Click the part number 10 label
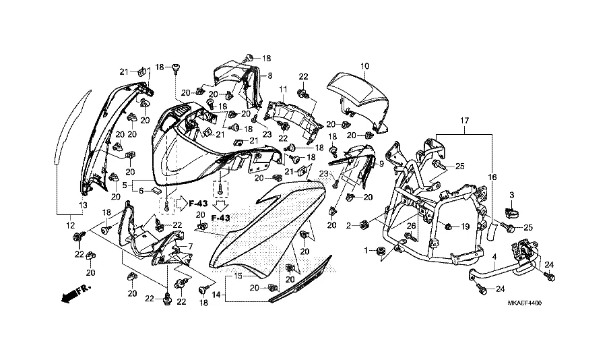(x=364, y=67)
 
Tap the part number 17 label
(x=465, y=121)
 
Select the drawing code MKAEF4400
(x=525, y=303)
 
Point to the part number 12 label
(x=70, y=225)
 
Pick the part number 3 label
(x=512, y=195)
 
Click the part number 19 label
(x=466, y=227)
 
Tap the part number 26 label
(x=411, y=226)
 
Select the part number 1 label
(x=366, y=251)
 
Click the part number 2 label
(x=348, y=225)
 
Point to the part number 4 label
(x=494, y=257)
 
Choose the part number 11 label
(x=283, y=90)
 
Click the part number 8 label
(x=269, y=76)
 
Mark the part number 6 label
(x=141, y=191)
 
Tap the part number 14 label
(x=216, y=295)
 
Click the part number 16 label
(x=492, y=178)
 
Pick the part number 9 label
(x=381, y=164)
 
